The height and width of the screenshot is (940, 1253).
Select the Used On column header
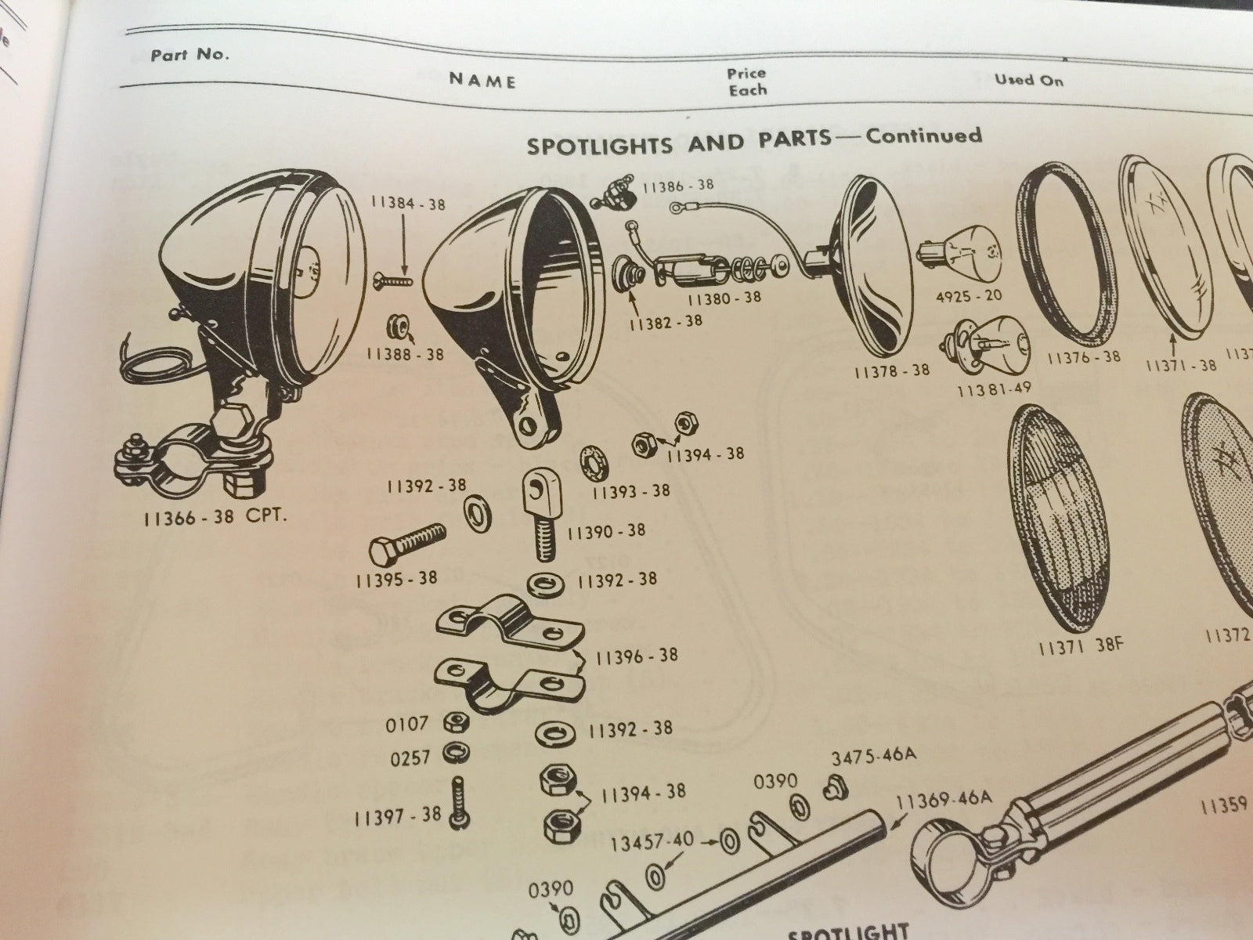coord(1029,79)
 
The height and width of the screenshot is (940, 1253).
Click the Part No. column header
coord(190,56)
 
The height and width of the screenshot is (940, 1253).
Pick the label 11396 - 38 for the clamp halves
coord(636,655)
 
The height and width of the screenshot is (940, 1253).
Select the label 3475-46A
coord(872,756)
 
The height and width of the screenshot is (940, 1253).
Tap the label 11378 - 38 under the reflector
coord(892,370)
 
